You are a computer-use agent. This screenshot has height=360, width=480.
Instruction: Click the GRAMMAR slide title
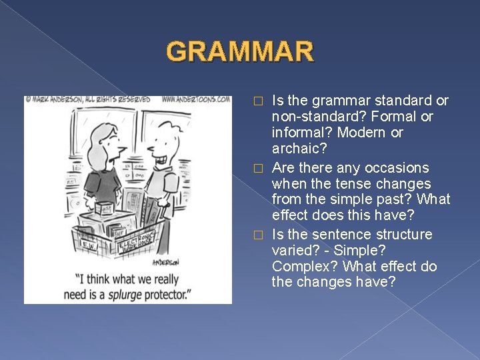239,51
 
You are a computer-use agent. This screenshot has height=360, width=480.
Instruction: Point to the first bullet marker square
261,101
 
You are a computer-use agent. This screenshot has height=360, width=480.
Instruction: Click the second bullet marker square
261,168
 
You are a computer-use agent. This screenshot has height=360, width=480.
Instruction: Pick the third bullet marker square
261,235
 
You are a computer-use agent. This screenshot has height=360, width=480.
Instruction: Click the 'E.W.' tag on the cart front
89,245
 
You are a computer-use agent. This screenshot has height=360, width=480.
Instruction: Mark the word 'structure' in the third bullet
403,234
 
